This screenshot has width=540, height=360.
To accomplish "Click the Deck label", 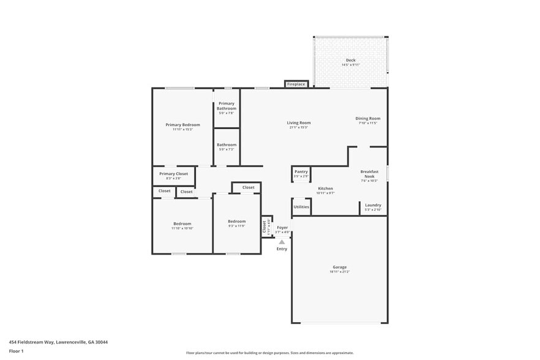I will (x=350, y=60).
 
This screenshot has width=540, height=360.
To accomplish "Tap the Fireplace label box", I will (x=296, y=84).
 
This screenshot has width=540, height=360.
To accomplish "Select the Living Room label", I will (x=299, y=122).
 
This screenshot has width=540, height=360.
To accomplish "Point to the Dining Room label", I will (x=368, y=118).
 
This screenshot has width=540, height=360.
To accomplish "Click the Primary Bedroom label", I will (x=182, y=124).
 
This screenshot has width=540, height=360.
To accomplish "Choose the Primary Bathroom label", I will (x=227, y=106).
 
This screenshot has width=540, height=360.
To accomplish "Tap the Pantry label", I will (x=301, y=171).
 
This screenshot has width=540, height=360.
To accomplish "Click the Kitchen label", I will (x=325, y=188).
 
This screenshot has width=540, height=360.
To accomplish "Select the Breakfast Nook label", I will (x=369, y=174).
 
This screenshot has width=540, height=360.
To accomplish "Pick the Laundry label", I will (x=373, y=205).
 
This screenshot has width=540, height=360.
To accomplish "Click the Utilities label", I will (x=301, y=207).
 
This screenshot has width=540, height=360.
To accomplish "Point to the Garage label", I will (x=340, y=267).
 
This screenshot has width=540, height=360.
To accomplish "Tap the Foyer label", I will (x=282, y=227).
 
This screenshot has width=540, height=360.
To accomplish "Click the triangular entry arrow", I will (x=282, y=242).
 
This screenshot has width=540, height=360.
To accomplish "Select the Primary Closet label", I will (x=173, y=174).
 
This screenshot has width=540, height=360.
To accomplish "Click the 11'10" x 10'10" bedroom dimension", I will (x=182, y=228).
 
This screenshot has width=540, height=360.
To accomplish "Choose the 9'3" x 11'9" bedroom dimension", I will (x=236, y=226).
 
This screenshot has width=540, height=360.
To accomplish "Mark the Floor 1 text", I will (x=16, y=351).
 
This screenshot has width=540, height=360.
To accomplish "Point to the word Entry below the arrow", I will (x=282, y=249).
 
